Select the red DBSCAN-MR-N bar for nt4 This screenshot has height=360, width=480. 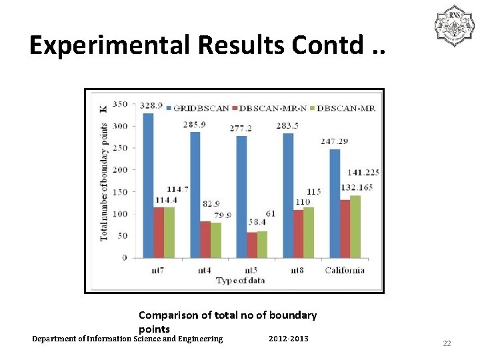coord(205,239)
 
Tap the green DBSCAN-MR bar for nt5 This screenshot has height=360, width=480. coord(262,244)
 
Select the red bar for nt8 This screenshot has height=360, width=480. coord(298,233)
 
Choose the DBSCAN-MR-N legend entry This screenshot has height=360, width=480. coord(274,107)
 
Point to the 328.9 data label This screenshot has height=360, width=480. coord(149,105)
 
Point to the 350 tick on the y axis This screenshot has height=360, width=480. coord(120,104)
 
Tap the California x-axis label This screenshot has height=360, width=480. coord(345,269)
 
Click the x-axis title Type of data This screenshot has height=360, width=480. coord(240,280)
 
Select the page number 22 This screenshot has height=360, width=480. coord(447,343)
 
